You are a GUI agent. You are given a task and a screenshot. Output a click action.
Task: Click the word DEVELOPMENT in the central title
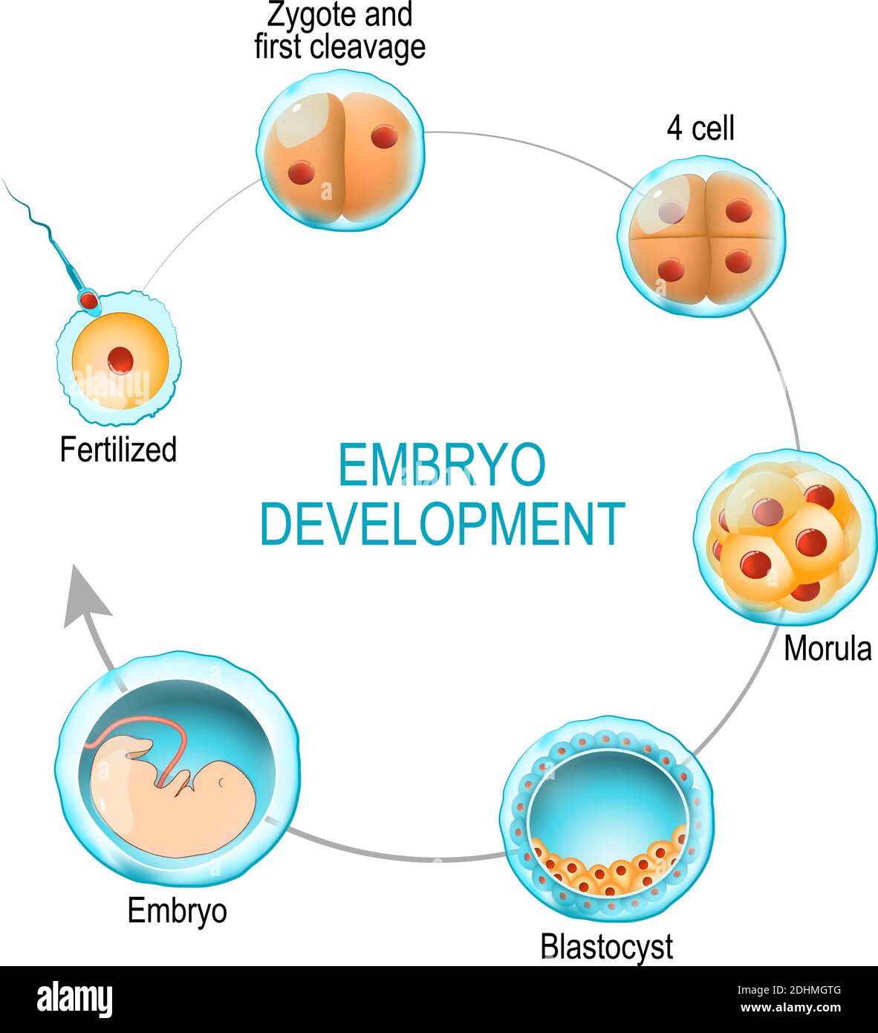coord(441,524)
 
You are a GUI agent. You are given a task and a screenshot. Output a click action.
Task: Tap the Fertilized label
coord(118,450)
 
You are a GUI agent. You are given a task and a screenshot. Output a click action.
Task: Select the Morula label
coord(827,649)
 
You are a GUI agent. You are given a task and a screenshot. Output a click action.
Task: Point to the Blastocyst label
coord(606,946)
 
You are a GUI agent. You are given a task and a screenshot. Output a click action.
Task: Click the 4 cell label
coord(700,129)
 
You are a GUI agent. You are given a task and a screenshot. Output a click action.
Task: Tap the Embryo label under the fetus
coord(177,910)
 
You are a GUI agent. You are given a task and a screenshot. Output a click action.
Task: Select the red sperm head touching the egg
coord(89,300)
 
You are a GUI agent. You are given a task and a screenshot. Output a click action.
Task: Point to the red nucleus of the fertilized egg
coord(120,360)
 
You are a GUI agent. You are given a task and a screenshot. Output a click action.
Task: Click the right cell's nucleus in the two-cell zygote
coord(385,136)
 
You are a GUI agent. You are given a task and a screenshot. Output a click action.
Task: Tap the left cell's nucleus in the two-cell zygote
coord(302,173)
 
